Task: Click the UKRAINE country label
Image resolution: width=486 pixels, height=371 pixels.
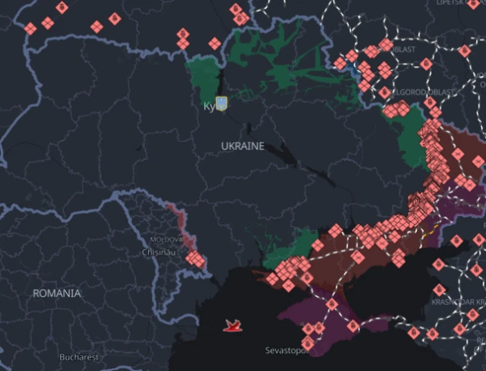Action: tap(242, 146)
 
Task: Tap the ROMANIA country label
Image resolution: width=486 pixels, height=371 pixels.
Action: tap(57, 294)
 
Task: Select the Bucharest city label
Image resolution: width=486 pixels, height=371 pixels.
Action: tap(79, 357)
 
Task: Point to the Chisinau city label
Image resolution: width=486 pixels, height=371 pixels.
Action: tap(159, 252)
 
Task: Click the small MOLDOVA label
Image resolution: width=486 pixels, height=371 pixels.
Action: tap(159, 238)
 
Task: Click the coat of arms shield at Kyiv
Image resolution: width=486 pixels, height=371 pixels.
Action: tap(220, 102)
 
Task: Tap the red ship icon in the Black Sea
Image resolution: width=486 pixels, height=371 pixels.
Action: tap(234, 326)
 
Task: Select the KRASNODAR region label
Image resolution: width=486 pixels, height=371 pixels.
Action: tap(458, 303)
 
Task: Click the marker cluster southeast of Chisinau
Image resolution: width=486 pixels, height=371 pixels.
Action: tap(195, 260)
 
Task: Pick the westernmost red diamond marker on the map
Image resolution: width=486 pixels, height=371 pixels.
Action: tap(30, 28)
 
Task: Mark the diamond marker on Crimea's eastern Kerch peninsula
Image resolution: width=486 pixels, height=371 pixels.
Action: tap(353, 326)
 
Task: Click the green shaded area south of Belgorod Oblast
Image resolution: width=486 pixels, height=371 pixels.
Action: tap(409, 136)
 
